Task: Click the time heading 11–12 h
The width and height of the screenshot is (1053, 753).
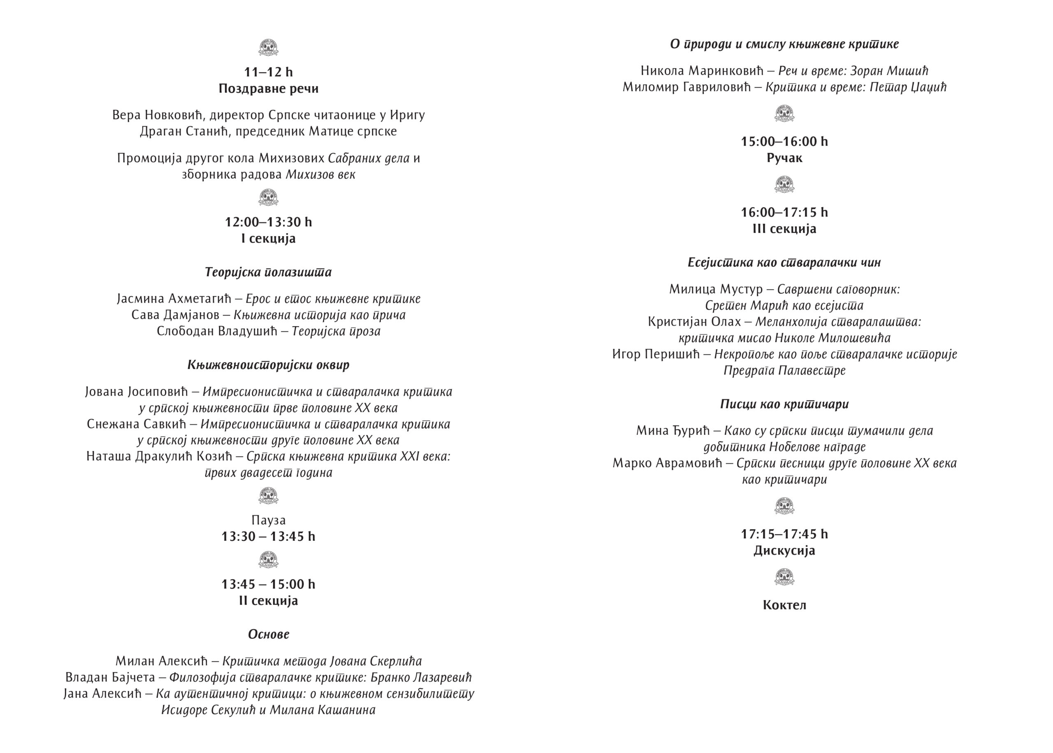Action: [x=269, y=72]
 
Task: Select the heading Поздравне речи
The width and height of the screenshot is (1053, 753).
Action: [x=269, y=88]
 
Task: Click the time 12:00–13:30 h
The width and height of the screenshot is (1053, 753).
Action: [x=269, y=222]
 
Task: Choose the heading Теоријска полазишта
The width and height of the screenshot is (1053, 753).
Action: [x=269, y=272]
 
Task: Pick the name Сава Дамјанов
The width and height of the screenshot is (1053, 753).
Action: [x=175, y=315]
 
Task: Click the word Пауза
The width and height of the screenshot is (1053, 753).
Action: [x=269, y=520]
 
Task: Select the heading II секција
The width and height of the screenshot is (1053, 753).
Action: [x=269, y=601]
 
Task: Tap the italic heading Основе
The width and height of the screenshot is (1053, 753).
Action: [x=269, y=634]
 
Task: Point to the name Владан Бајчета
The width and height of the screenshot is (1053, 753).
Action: [x=110, y=678]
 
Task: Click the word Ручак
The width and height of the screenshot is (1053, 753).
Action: [x=784, y=158]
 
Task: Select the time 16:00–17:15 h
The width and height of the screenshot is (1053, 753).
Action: [x=784, y=212]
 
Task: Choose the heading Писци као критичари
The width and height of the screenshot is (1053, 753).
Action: [x=784, y=404]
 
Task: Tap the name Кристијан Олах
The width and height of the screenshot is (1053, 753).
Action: [x=694, y=322]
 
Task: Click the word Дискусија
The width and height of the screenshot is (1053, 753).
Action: [x=784, y=551]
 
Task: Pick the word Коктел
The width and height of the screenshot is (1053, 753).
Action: [x=784, y=605]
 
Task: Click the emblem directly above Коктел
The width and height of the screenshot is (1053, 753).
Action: [x=784, y=578]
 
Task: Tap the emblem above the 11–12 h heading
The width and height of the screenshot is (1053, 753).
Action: [x=269, y=48]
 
